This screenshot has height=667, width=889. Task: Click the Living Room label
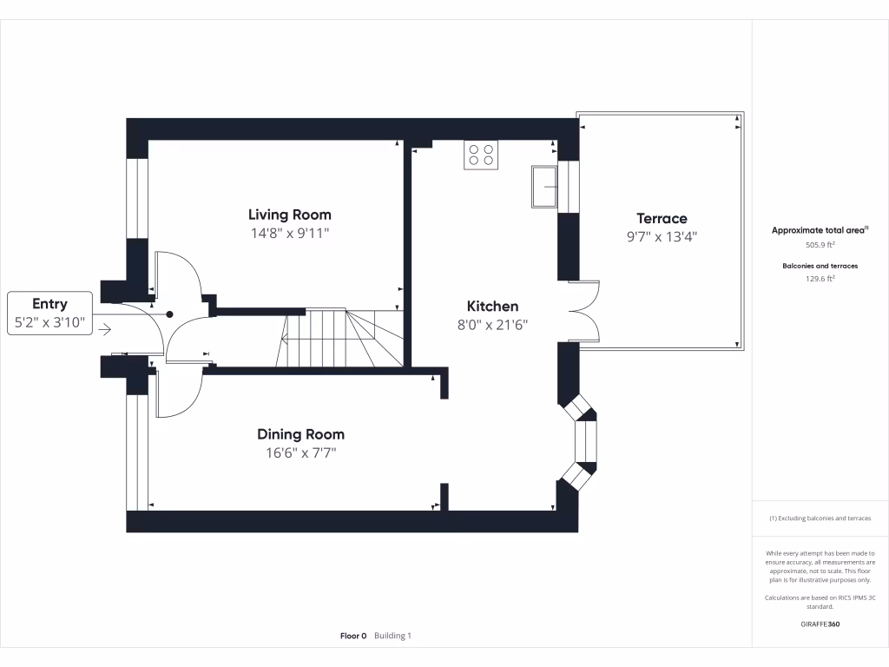[x=289, y=215]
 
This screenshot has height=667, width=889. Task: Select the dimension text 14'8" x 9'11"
[x=289, y=234]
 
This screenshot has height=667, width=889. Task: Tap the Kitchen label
[x=492, y=306]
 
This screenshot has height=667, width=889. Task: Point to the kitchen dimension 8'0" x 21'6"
[x=492, y=325]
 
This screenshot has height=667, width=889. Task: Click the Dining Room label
[x=300, y=434]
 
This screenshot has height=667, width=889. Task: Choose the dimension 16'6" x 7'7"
[x=300, y=453]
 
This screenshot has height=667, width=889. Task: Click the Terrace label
[x=662, y=219]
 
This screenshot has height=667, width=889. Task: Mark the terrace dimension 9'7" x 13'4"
[x=662, y=236]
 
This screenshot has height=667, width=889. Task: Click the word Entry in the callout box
[x=49, y=303]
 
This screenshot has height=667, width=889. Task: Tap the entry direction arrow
[x=105, y=329]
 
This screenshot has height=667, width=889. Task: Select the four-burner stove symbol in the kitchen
[x=481, y=155]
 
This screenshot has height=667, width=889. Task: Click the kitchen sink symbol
[x=544, y=186]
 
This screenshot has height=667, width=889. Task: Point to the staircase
[x=344, y=338]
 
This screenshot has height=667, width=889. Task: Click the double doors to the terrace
[x=584, y=312]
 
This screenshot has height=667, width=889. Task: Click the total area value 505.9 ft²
[x=820, y=245]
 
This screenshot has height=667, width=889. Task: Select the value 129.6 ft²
[x=820, y=279]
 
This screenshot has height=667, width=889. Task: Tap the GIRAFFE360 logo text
[x=820, y=624]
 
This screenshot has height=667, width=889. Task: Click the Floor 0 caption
[x=353, y=636]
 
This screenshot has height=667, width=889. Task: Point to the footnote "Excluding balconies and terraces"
[x=820, y=518]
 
